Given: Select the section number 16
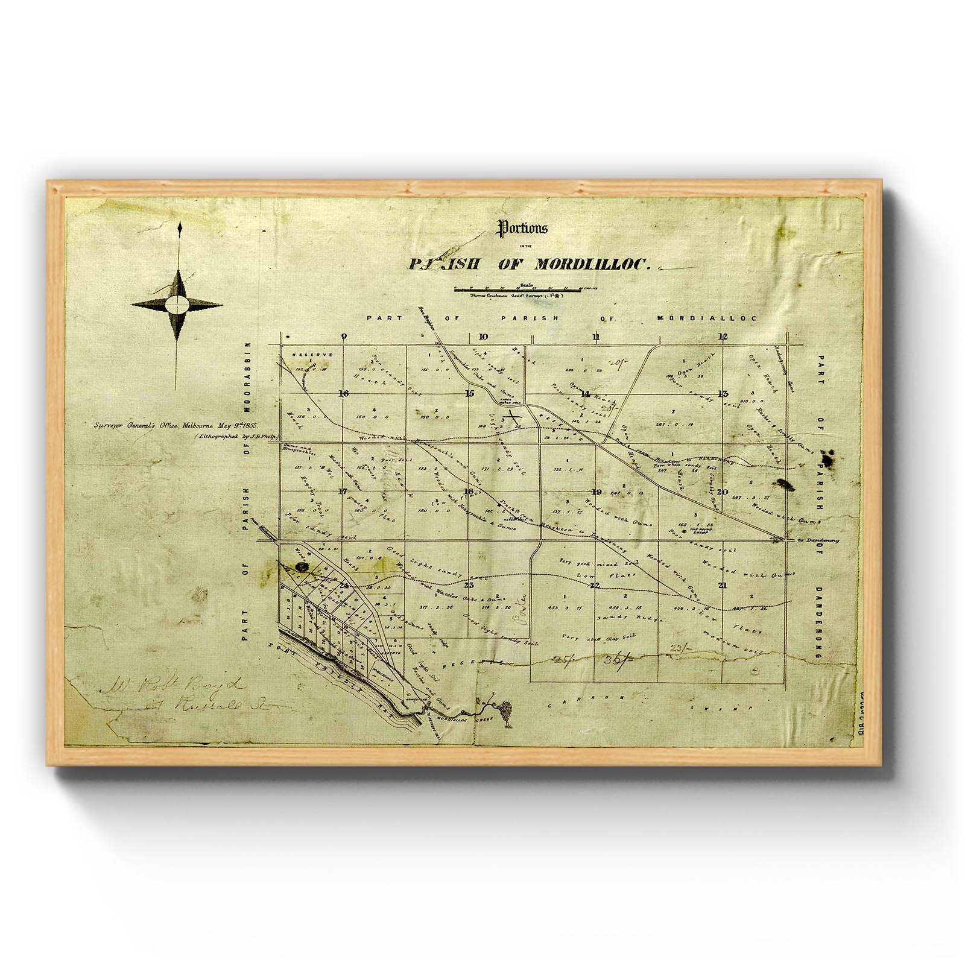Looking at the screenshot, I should (344, 394).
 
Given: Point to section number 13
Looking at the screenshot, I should (723, 394).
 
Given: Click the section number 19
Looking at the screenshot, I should (596, 491).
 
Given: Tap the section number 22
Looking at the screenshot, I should (595, 586).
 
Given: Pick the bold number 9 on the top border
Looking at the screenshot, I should (344, 337).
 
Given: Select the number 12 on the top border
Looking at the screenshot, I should (723, 337).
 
